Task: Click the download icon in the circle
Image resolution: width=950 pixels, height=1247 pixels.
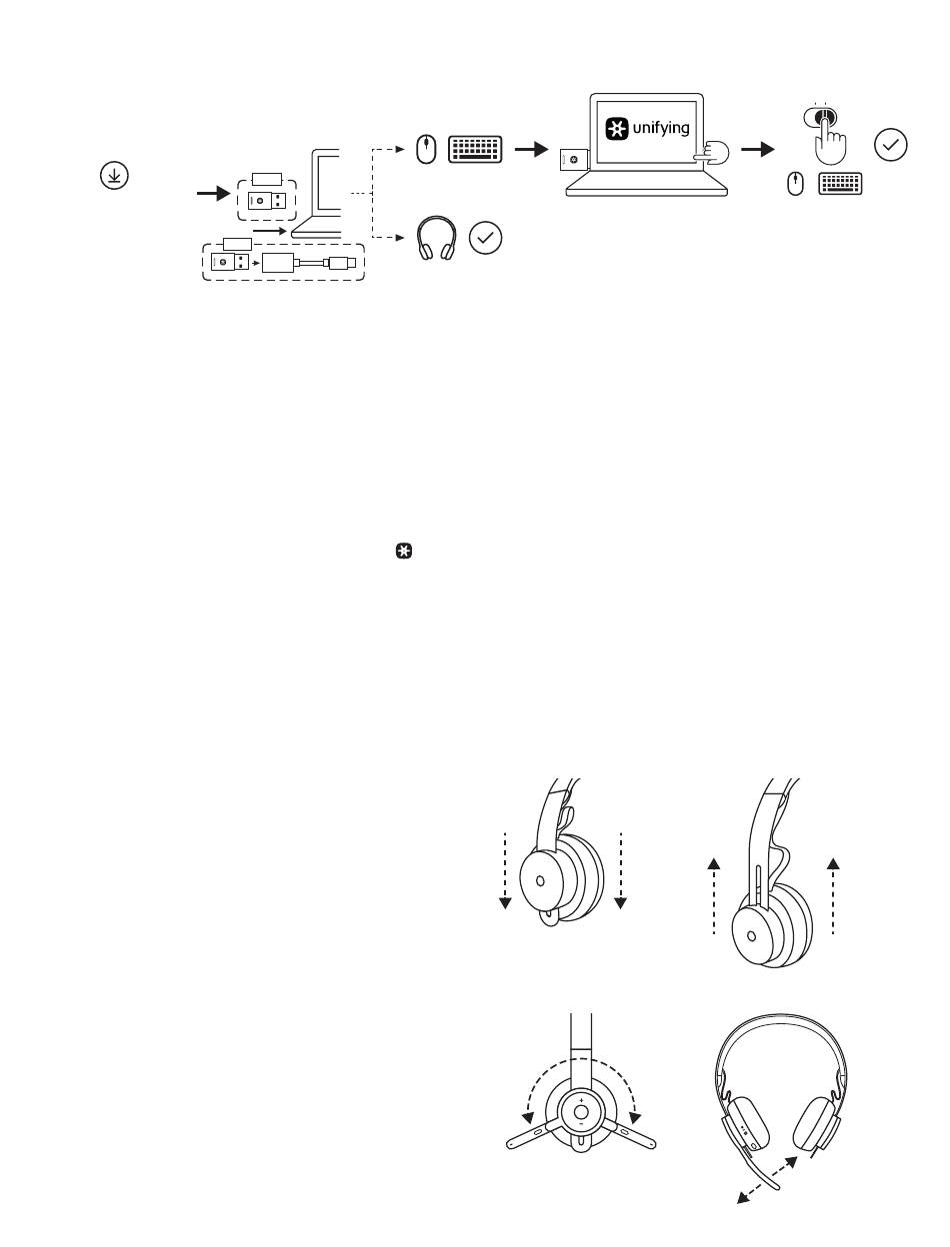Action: pyautogui.click(x=114, y=175)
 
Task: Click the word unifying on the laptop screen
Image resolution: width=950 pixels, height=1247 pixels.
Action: pyautogui.click(x=661, y=128)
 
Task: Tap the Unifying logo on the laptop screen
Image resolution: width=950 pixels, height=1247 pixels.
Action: pyautogui.click(x=617, y=129)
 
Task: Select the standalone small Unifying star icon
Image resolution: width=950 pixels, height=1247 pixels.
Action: pyautogui.click(x=404, y=552)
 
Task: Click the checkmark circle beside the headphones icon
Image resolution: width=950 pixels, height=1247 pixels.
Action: pyautogui.click(x=485, y=238)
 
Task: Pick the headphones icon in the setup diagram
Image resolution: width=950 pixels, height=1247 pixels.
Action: pyautogui.click(x=437, y=238)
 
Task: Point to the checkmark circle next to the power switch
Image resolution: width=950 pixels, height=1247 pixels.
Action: pyautogui.click(x=890, y=145)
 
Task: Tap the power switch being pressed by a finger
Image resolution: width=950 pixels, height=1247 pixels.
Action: pyautogui.click(x=820, y=117)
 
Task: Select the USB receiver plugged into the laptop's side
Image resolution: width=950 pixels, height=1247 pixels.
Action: pyautogui.click(x=574, y=160)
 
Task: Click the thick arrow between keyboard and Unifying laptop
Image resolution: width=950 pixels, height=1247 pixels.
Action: pyautogui.click(x=532, y=150)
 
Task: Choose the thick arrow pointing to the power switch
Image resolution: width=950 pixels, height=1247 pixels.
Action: pyautogui.click(x=758, y=150)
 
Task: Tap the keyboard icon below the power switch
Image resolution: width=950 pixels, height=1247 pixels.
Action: pyautogui.click(x=840, y=184)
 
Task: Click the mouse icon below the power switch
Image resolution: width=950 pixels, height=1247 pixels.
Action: pyautogui.click(x=795, y=184)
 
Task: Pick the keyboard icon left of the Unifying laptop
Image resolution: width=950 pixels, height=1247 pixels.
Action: pyautogui.click(x=475, y=150)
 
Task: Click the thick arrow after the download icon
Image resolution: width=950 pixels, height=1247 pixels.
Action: pyautogui.click(x=214, y=194)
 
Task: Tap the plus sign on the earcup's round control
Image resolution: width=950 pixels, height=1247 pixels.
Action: pyautogui.click(x=581, y=1101)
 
